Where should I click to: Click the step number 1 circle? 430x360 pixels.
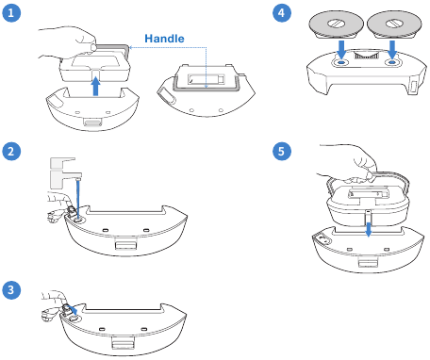pos(12,14)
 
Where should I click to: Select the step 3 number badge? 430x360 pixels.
pos(12,289)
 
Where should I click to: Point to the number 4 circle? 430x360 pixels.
pos(282,14)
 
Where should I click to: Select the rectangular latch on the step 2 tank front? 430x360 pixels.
pos(122,246)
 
